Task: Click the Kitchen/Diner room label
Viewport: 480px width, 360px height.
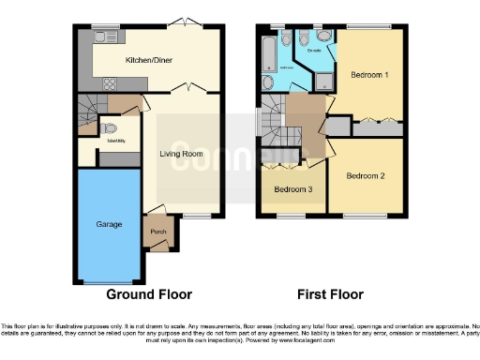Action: click(x=148, y=61)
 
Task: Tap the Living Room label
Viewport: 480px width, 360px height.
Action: click(x=181, y=153)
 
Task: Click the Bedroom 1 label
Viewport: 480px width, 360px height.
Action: click(x=370, y=73)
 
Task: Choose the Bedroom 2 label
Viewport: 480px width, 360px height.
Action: click(x=365, y=175)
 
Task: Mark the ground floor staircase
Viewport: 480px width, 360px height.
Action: click(x=93, y=114)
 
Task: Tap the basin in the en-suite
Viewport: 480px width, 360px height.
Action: click(x=324, y=36)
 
